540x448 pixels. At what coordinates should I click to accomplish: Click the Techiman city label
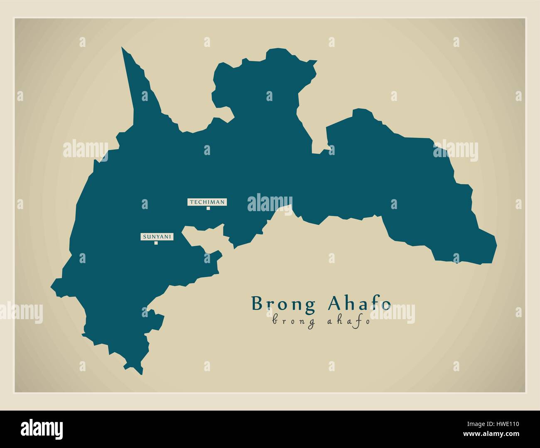207,202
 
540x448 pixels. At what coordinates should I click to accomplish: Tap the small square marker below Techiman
208,208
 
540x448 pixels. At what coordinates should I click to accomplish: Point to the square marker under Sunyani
156,243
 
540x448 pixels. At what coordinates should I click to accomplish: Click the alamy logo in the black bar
42,428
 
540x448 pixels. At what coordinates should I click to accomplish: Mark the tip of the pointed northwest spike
122,47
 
